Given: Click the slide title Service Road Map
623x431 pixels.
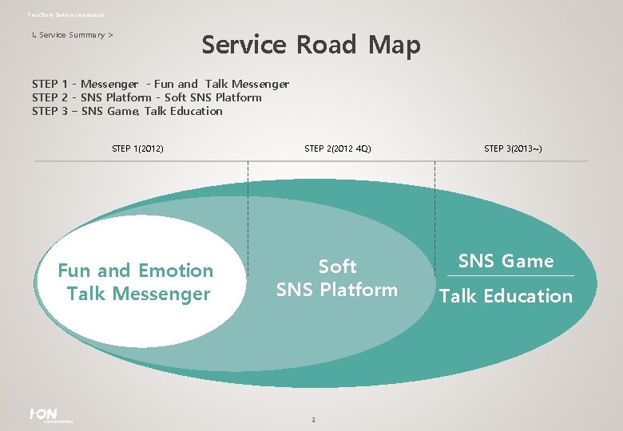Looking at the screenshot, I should [311, 45].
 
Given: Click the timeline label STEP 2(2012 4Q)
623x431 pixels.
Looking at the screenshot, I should [338, 148].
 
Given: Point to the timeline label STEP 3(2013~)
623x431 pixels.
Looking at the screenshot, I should [513, 148].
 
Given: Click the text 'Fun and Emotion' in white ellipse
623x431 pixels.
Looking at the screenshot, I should [136, 271].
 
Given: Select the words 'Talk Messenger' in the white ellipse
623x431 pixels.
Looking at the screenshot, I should [138, 294].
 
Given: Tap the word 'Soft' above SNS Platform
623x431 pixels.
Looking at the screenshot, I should [337, 266].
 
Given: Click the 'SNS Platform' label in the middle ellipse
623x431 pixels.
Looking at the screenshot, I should [336, 290].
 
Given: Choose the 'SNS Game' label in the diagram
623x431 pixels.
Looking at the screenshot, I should [506, 261].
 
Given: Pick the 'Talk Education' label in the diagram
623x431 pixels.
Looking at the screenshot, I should [506, 296].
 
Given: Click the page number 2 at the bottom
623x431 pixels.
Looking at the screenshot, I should [314, 420].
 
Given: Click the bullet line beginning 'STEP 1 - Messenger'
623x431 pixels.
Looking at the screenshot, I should [160, 84].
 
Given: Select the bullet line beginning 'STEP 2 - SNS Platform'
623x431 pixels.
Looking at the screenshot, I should [146, 97].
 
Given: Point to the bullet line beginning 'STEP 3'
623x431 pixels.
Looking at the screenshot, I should [127, 111].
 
